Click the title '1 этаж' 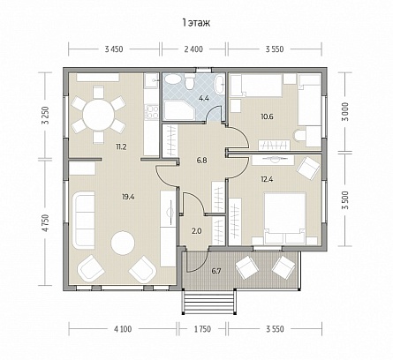pos(196,23)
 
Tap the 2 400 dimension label pos(193,49)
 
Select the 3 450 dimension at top pos(114,49)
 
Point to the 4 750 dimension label pos(45,223)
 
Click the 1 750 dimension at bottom pos(202,329)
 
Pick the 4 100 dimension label pos(123,329)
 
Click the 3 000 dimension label pos(346,111)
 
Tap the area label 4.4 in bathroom pos(204,98)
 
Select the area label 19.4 pos(128,197)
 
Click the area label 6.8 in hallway pos(201,161)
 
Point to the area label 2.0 pos(196,231)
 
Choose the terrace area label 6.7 pos(216,271)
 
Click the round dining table pos(98,115)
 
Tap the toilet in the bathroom pos(189,81)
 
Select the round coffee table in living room pos(123,243)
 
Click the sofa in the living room pos(84,220)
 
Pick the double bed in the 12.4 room pos(285,218)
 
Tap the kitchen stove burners pos(152,112)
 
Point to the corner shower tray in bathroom pos(178,109)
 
